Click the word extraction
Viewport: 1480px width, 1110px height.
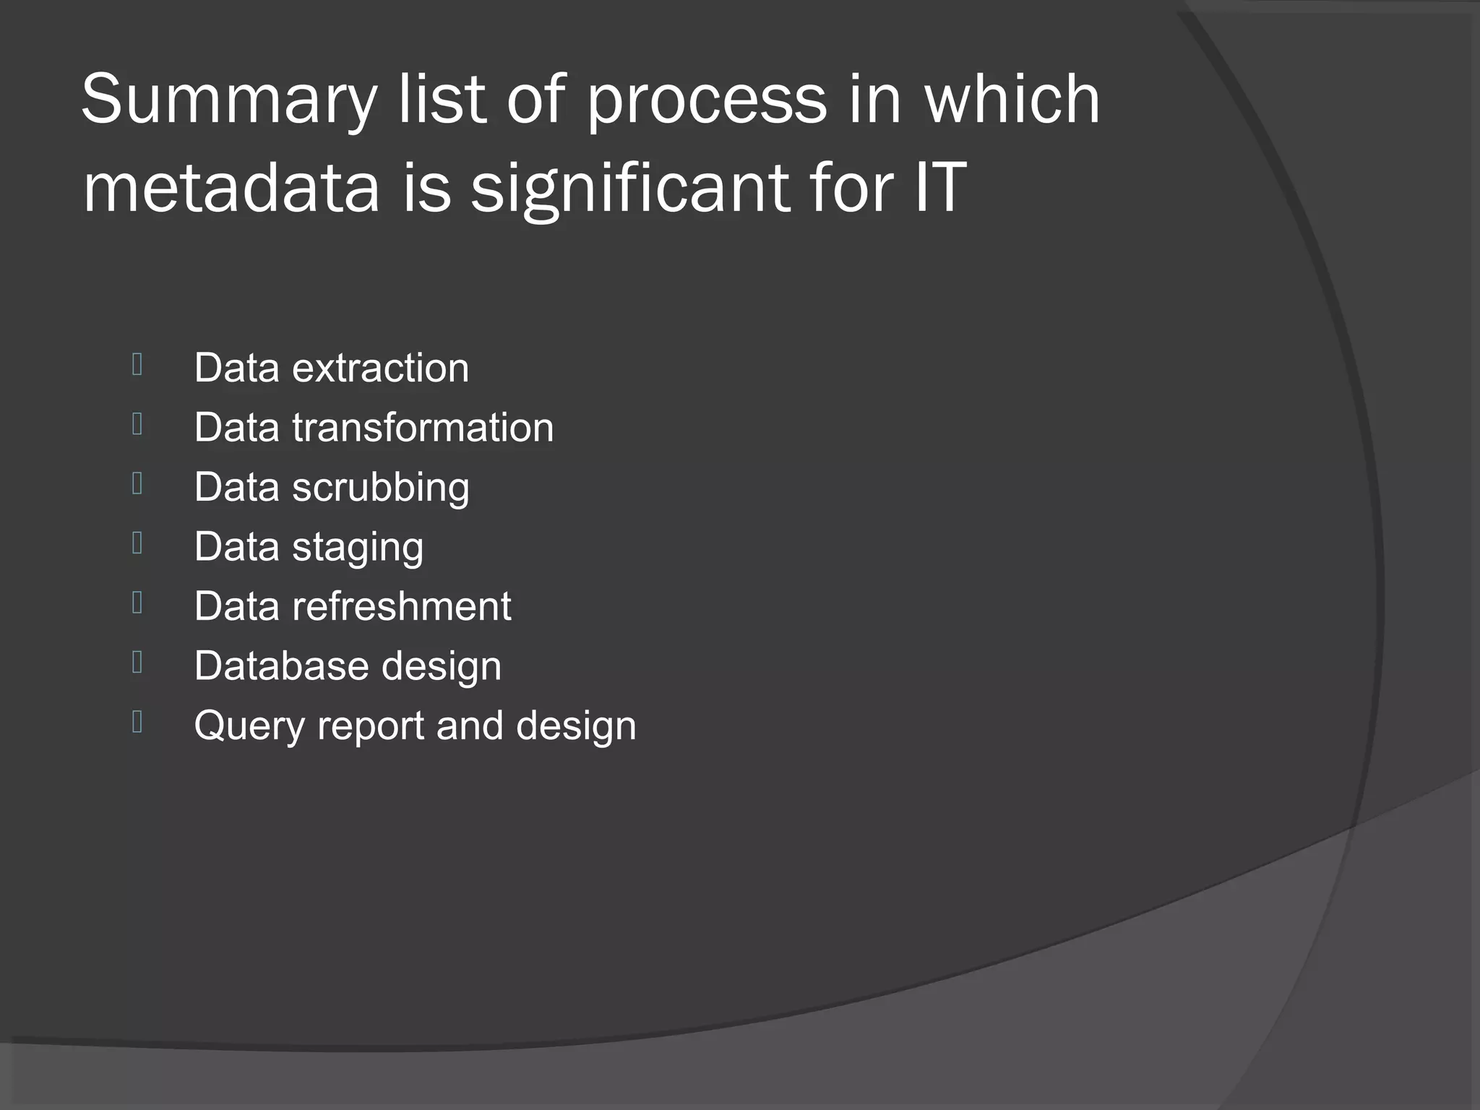click(x=380, y=368)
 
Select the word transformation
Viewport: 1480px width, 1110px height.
click(x=423, y=427)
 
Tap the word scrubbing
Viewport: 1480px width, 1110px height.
click(x=380, y=487)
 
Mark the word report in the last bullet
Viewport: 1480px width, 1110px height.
click(x=370, y=726)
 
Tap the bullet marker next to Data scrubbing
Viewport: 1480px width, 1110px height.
click(x=137, y=483)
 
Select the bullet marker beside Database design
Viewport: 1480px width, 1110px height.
click(x=137, y=662)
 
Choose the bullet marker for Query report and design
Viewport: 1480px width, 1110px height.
click(x=137, y=722)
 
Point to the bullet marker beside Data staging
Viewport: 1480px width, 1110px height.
click(x=137, y=543)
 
